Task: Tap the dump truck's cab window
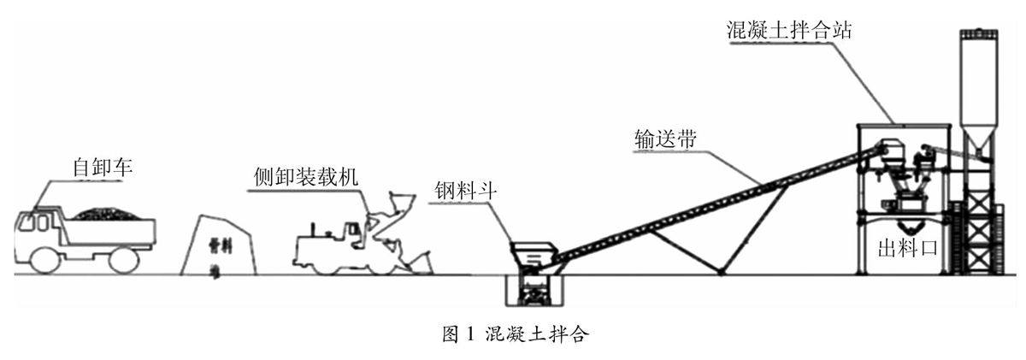pyautogui.click(x=37, y=222)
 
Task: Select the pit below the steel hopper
pyautogui.click(x=534, y=291)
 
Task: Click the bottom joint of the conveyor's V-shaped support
pyautogui.click(x=722, y=272)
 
